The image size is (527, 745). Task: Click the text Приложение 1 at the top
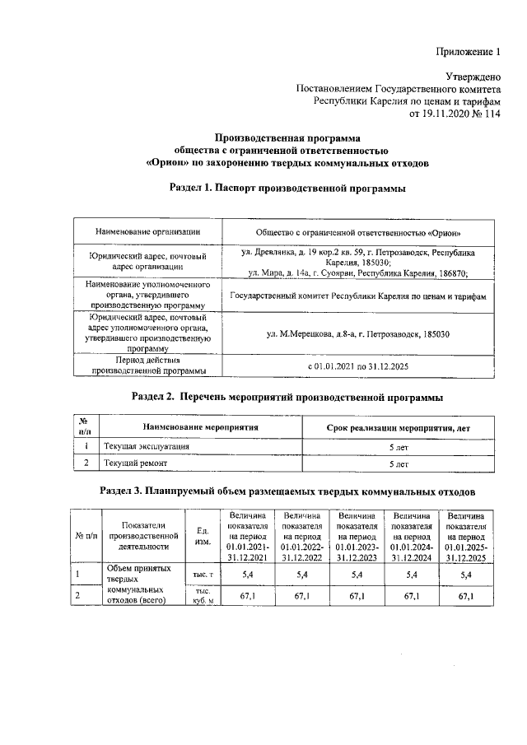pyautogui.click(x=467, y=53)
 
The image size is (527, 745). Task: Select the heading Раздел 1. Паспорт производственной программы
pyautogui.click(x=287, y=189)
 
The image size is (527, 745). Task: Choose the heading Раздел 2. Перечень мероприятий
pyautogui.click(x=287, y=398)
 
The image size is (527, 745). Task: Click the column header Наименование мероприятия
pyautogui.click(x=201, y=427)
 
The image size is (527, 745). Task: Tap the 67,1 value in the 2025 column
pyautogui.click(x=466, y=595)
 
